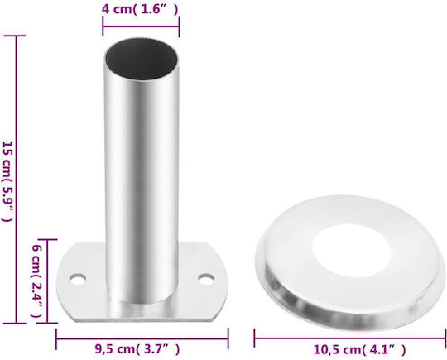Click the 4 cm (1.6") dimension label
click(140, 9)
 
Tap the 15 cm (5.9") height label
click(8, 181)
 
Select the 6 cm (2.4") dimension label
click(36, 281)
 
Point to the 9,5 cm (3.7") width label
click(137, 349)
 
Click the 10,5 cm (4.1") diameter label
click(359, 349)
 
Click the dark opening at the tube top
click(142, 59)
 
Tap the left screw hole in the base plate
click(78, 279)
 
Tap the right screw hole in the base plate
click(206, 279)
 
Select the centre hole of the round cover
click(351, 251)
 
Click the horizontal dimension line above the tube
click(141, 26)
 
